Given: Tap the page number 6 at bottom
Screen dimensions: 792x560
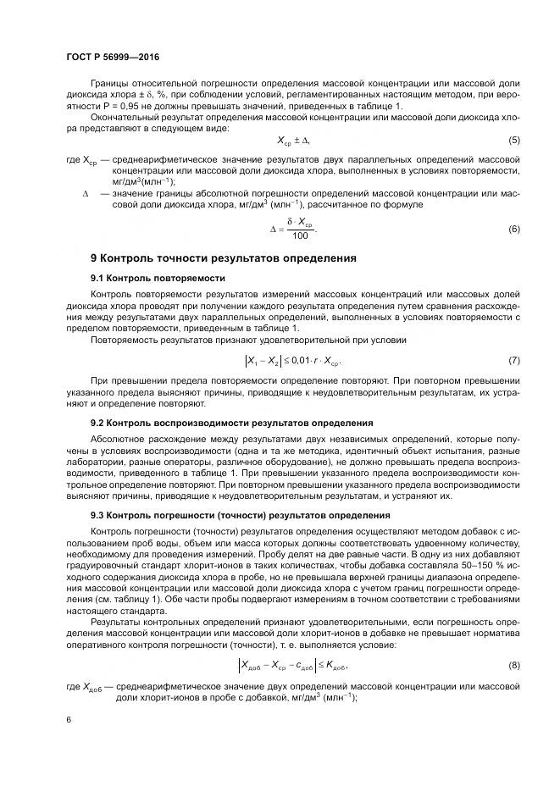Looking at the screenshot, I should [x=68, y=718].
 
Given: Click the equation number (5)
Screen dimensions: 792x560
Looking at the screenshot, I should [x=513, y=140].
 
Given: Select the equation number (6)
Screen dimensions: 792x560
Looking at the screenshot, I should [x=513, y=229].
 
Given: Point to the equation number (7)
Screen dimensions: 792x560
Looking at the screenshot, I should [x=513, y=362].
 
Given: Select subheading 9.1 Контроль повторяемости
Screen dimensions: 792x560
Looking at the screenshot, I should [x=158, y=278].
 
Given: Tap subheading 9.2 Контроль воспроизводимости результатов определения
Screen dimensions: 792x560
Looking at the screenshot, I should [x=231, y=422].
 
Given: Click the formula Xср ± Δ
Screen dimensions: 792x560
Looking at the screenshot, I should [x=294, y=140].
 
